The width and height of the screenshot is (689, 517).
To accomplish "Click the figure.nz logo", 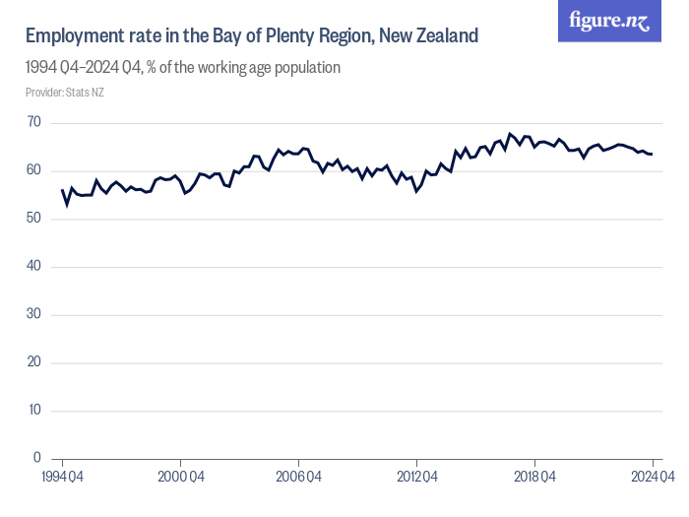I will [609, 22].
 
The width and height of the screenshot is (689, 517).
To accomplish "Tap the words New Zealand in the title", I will [429, 36].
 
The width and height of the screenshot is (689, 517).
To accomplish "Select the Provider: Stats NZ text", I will [65, 93].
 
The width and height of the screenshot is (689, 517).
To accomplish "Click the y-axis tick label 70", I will [34, 123].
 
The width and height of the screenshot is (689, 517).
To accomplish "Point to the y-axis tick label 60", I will [34, 170].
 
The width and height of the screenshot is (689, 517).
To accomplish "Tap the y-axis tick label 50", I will [34, 219].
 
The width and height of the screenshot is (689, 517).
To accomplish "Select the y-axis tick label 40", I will [34, 267].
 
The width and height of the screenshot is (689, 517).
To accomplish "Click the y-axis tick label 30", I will [34, 314].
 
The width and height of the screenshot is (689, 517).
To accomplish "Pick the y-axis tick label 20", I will [34, 362].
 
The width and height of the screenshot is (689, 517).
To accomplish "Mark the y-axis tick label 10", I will [34, 410].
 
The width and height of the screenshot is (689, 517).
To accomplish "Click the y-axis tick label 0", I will [37, 458].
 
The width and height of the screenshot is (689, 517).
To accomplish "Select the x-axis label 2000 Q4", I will [180, 478].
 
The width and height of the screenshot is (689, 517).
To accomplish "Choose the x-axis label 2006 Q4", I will [298, 478].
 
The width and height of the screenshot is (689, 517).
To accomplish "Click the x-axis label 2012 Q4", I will [416, 478].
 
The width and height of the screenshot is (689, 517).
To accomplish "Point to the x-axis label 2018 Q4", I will [534, 478].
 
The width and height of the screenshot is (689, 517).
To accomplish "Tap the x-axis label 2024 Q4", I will [651, 478].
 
